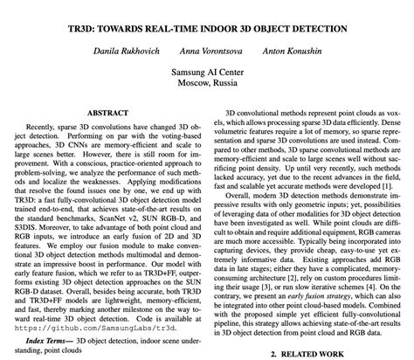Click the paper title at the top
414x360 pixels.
[x=206, y=16]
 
